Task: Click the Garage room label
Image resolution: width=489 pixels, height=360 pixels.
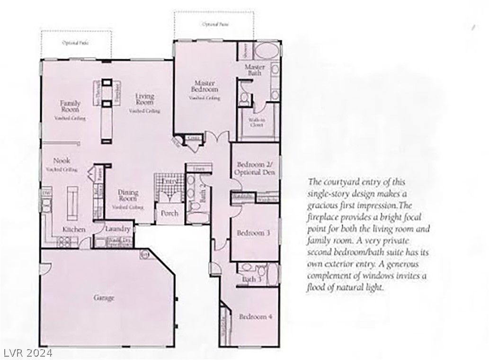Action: (x=104, y=298)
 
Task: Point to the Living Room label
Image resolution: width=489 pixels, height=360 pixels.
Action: (x=144, y=99)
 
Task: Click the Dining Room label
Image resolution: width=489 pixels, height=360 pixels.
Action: (x=128, y=195)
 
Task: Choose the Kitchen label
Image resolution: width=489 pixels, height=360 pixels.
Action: (x=74, y=230)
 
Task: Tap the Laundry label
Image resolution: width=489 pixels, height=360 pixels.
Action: (x=118, y=229)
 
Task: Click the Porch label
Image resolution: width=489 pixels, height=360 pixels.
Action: (x=169, y=213)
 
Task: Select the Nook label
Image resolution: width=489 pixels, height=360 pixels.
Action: (x=62, y=161)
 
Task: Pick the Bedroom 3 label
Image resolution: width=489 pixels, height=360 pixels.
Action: (x=254, y=233)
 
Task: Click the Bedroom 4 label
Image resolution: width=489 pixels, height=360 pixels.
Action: (x=255, y=317)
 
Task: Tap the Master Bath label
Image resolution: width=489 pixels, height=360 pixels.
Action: (x=255, y=70)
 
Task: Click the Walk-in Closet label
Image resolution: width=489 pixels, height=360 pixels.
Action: (x=256, y=122)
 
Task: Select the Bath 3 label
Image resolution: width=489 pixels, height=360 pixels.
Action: (x=251, y=279)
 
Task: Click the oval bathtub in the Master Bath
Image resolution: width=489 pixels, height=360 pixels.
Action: (x=268, y=51)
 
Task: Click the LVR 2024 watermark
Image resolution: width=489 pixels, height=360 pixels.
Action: (x=27, y=353)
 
